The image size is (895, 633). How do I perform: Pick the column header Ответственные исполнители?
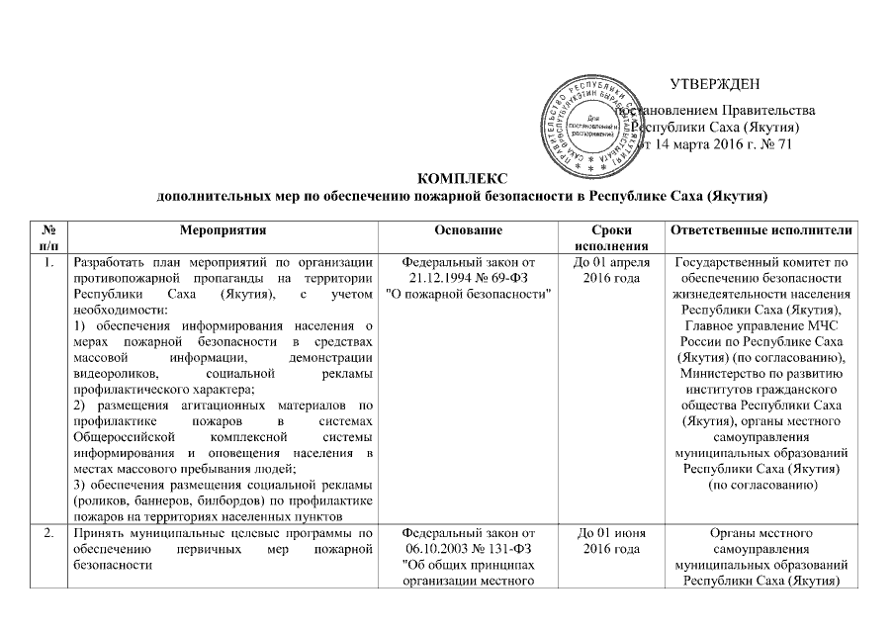click(761, 230)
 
